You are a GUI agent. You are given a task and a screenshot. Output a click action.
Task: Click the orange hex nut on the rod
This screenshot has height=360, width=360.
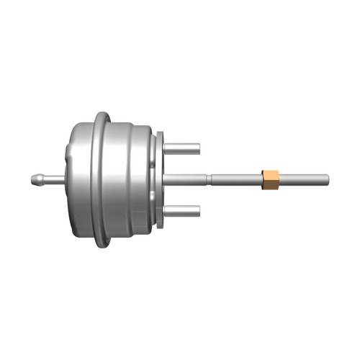[x=271, y=178]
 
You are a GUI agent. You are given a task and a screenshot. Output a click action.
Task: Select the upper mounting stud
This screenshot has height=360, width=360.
[x=183, y=148]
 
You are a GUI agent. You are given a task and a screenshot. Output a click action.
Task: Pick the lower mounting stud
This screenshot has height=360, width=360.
[x=183, y=210]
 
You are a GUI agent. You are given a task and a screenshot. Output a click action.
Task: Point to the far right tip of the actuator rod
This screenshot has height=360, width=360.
[x=328, y=178]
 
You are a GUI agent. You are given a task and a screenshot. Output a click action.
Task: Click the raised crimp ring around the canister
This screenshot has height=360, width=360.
[x=104, y=178]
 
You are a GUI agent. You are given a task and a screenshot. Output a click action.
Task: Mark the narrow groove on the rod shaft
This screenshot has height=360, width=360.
[x=210, y=178]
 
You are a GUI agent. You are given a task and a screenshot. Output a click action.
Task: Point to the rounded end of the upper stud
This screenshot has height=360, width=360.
[x=199, y=148]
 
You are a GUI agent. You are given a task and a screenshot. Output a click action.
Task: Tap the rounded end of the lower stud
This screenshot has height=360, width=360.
[x=199, y=210]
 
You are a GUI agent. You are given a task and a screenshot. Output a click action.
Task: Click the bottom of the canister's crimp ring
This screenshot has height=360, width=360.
[x=104, y=243]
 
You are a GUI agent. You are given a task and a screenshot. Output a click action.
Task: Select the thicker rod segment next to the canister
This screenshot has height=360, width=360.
[x=187, y=178]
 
